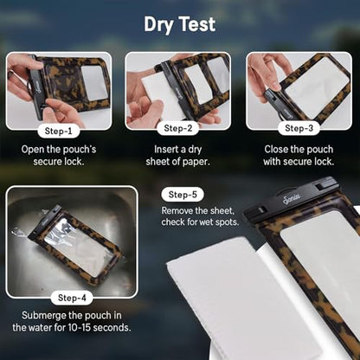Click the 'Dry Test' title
coord(180,25)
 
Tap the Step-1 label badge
coord(59,132)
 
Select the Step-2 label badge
coord(178,128)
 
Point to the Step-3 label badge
coord(299,128)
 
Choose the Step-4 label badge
coord(72,298)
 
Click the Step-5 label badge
coord(183,195)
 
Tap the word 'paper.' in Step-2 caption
coord(196,162)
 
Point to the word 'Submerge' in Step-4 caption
coord(44,316)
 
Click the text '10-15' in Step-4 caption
coord(79,328)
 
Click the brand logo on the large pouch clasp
coord(292,199)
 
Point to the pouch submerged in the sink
coord(75,244)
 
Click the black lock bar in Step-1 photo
coord(36,87)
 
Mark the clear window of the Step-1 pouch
coord(94,83)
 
